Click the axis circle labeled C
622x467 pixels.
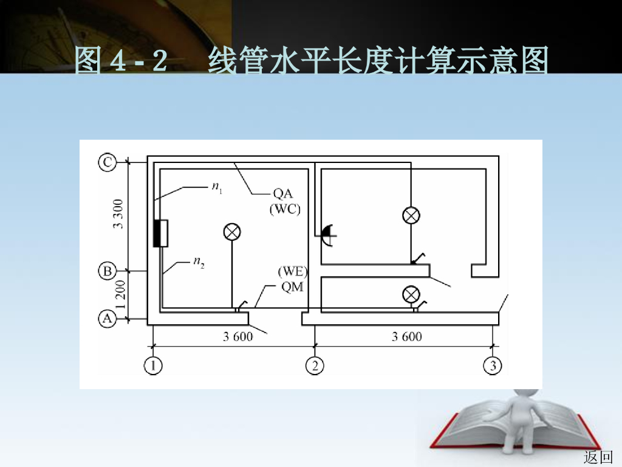point(108,162)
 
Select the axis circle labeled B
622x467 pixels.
point(108,271)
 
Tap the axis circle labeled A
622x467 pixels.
point(108,318)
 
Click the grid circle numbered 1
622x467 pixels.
point(153,365)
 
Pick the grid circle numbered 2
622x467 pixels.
point(315,365)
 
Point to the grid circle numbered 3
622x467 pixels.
point(492,365)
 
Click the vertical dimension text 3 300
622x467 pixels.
point(118,214)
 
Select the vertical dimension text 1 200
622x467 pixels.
point(118,295)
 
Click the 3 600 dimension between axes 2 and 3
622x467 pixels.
point(406,337)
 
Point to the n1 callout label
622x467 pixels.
point(217,188)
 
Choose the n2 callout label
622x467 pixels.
point(199,262)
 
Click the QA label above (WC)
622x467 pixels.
point(282,194)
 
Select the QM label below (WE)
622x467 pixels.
point(292,287)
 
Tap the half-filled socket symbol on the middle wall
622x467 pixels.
point(327,233)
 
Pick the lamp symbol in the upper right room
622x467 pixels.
point(412,215)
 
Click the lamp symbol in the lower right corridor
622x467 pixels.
point(412,295)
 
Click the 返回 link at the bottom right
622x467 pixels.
point(598,457)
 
